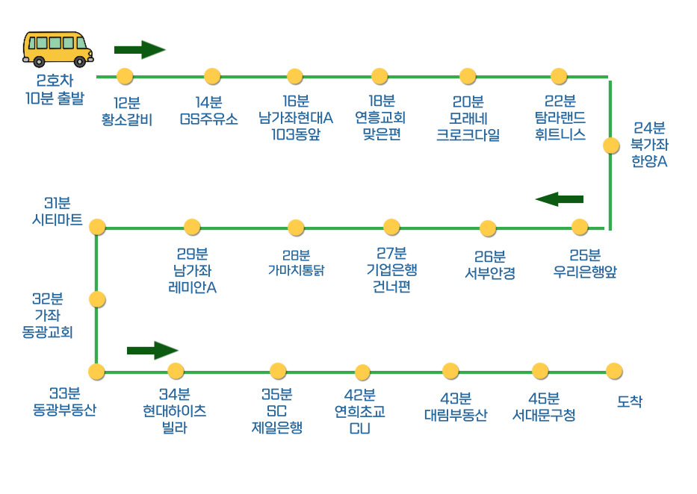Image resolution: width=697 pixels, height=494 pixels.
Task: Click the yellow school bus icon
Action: pos(58,49)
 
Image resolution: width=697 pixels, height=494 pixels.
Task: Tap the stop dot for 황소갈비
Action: pos(125,76)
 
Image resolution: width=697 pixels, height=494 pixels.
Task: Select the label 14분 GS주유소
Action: pos(208,110)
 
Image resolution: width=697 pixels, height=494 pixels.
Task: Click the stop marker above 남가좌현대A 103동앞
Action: pos(295,76)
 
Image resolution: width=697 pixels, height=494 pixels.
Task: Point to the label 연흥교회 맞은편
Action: pos(380,118)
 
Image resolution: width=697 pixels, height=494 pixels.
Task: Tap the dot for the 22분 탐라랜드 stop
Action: pos(559,76)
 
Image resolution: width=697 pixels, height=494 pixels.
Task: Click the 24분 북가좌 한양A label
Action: pos(648,144)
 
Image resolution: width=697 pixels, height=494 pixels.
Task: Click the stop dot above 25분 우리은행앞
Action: pos(580,227)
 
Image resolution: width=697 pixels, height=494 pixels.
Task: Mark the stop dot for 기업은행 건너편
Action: pos(391,227)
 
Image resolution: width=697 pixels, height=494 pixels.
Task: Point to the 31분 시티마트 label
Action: pos(58,212)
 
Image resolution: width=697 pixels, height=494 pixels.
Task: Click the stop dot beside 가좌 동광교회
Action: pos(97,299)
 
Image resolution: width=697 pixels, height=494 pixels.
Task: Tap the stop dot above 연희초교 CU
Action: pos(362,372)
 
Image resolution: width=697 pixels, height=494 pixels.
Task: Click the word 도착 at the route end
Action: pos(630,401)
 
